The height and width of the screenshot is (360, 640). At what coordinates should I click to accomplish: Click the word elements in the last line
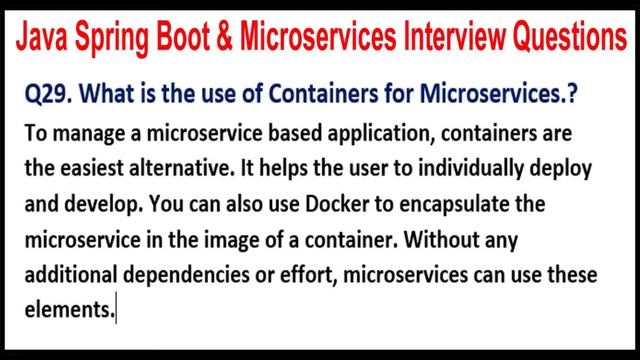pos(67,311)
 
